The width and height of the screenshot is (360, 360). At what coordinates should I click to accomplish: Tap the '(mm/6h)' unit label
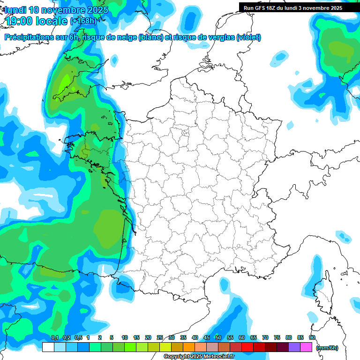(327, 347)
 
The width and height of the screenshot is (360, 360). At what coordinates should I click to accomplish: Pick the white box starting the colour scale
(48, 347)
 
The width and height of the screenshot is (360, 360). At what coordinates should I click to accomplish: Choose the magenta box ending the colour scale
(306, 347)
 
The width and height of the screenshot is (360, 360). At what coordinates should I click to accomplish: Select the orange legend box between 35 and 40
(189, 347)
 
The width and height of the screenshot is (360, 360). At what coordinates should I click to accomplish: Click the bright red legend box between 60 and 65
(247, 347)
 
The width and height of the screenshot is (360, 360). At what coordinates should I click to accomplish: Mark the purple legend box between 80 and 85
(294, 347)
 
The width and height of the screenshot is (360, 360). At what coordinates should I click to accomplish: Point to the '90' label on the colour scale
(312, 338)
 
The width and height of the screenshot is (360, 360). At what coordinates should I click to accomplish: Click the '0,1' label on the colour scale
(54, 338)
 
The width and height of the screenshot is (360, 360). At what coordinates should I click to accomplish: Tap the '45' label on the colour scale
(207, 338)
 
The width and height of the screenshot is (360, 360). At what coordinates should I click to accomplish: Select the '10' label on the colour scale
(125, 338)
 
